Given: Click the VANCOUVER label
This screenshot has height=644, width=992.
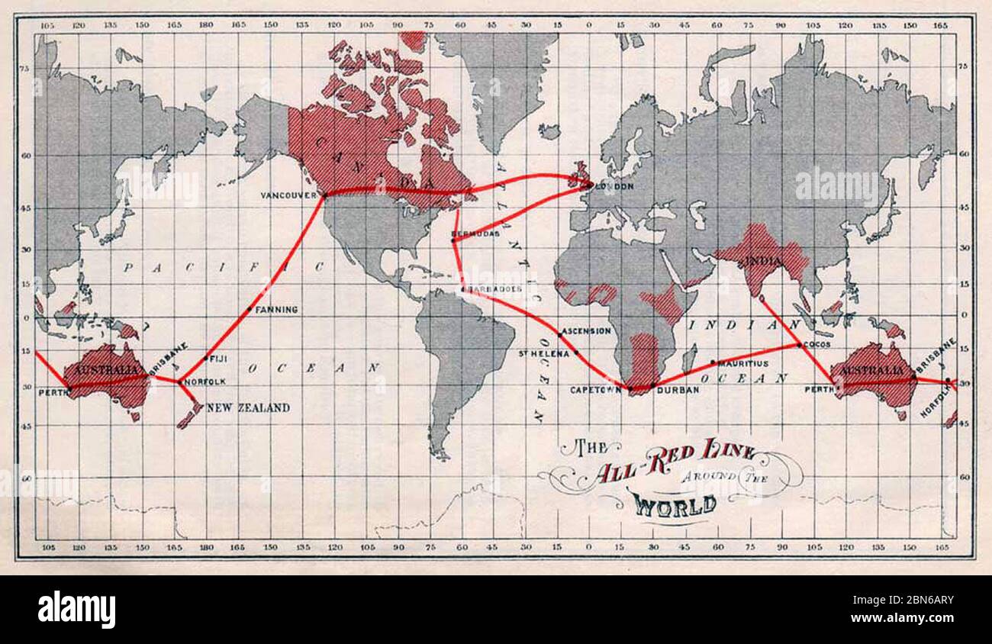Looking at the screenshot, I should (x=288, y=195).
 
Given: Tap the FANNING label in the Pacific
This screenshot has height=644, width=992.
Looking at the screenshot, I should (x=276, y=310).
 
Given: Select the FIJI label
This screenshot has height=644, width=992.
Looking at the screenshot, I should (x=219, y=358).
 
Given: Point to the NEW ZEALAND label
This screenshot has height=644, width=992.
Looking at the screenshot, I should (x=248, y=408).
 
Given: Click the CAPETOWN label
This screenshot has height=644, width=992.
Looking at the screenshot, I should (x=596, y=390).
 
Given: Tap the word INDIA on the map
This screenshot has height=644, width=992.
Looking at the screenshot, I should (x=764, y=262).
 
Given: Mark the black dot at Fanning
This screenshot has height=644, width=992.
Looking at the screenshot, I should (x=250, y=309).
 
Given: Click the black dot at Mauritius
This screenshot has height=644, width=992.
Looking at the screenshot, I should (x=713, y=362).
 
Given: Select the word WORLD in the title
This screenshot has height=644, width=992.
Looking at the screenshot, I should (x=674, y=504).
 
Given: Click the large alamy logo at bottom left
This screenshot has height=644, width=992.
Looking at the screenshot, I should (x=76, y=610).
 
